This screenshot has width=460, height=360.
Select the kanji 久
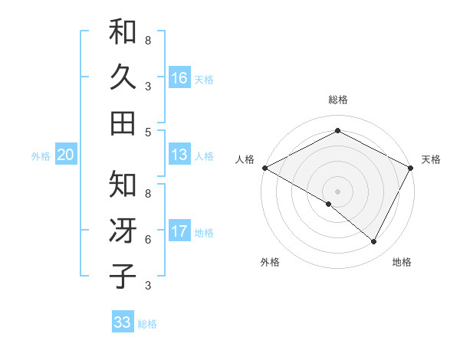pos(123,77)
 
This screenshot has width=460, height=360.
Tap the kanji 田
pos(123,123)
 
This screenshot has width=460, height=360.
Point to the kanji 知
pos(123,185)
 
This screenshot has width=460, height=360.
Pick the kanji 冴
pos(123,231)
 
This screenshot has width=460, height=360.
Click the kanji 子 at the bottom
pos(123,276)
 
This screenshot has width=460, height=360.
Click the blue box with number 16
pos(179,78)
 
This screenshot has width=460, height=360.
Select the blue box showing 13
pos(179,155)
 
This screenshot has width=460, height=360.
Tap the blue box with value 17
pos(179,232)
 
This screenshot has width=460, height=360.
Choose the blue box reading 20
pos(65,155)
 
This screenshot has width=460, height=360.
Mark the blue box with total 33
pos(122,322)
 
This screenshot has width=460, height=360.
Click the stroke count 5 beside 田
pos(148,132)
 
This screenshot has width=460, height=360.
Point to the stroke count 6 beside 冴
pos(148,240)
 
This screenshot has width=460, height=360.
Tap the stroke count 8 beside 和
pos(148,40)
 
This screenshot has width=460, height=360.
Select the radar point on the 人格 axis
pos(264,167)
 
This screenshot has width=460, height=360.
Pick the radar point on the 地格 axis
pos(374,242)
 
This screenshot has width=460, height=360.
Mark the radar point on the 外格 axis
pos(329,204)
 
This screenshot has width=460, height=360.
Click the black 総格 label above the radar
pos(338,100)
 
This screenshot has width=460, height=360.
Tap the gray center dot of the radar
pos(338,191)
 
